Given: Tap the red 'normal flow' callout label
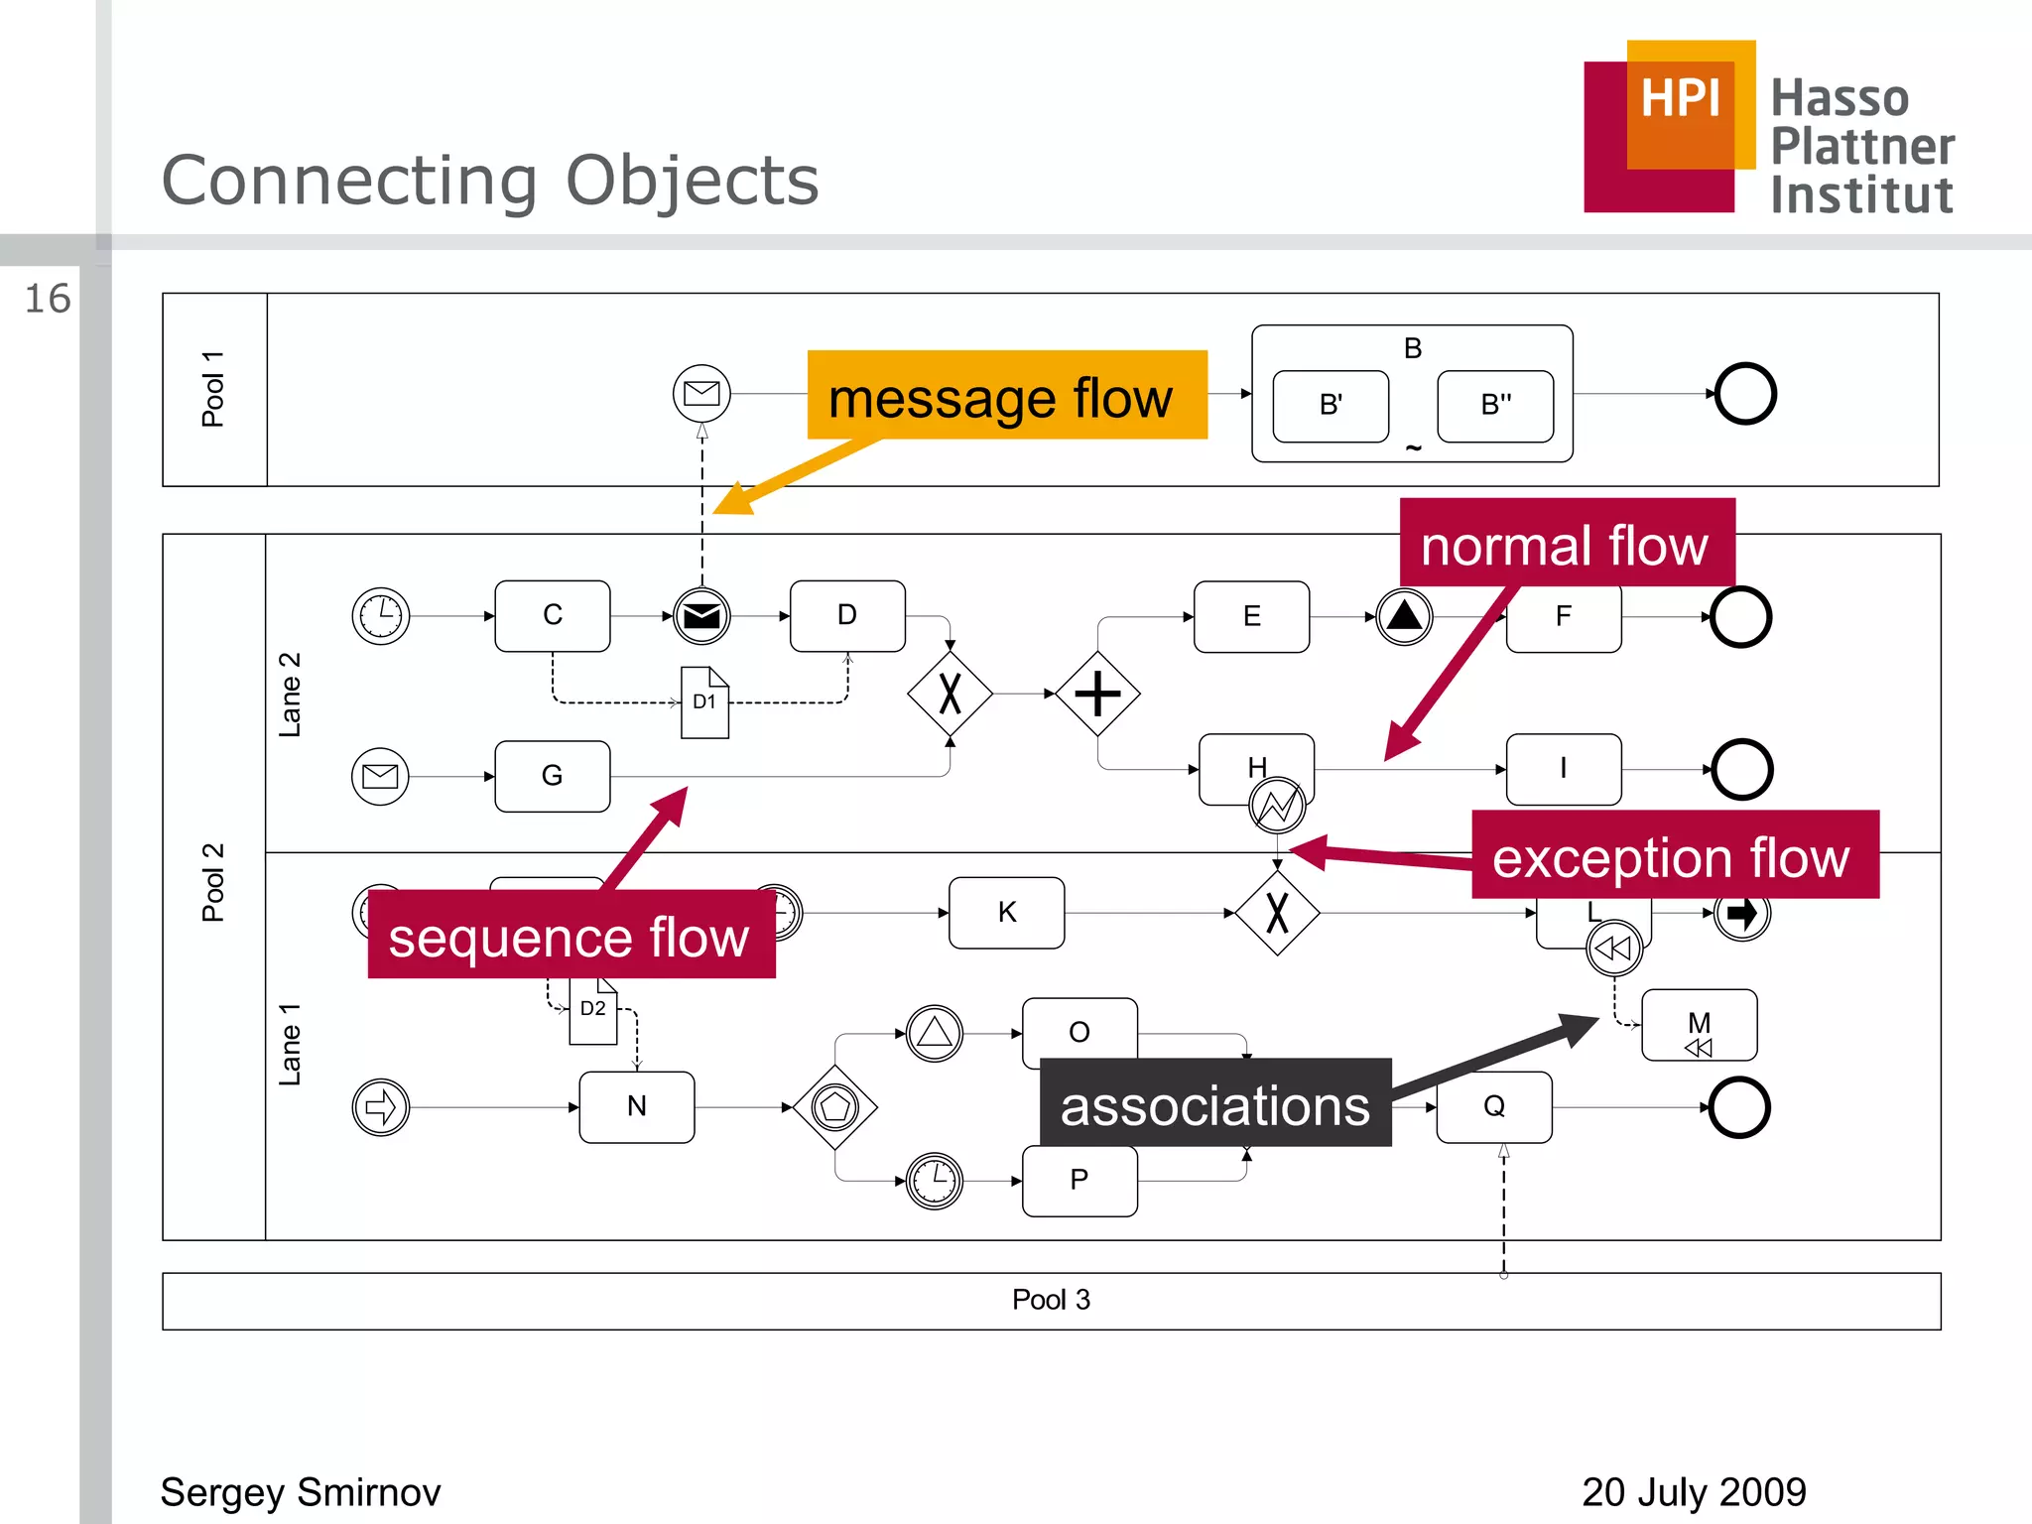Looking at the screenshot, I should point(1566,544).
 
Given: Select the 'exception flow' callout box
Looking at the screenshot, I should point(1674,855).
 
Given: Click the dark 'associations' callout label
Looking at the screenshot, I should point(1214,1103).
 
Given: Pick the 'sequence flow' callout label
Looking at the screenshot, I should point(571,935).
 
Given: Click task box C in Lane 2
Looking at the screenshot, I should point(553,615).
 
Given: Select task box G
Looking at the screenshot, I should point(553,776).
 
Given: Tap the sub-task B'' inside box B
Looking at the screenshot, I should point(1494,406).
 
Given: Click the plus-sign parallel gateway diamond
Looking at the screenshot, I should point(1097,694).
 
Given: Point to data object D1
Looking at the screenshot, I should point(704,702).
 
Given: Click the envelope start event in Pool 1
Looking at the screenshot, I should point(701,394).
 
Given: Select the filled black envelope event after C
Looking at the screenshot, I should point(701,616).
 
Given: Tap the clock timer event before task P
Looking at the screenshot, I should point(934,1181).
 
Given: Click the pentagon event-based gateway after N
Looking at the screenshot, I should point(835,1107).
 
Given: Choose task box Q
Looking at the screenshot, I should point(1494,1106).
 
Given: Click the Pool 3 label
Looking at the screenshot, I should point(1051,1300).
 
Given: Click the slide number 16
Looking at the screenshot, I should point(48,299).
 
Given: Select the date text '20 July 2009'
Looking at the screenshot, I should point(1693,1492).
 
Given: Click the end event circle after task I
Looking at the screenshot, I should point(1741,769).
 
